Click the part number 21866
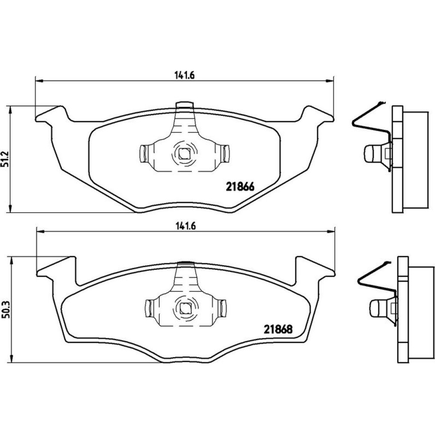click(240, 187)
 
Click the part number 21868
click(278, 329)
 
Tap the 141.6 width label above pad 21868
click(186, 226)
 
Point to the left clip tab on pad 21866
click(143, 154)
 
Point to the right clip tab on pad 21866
click(225, 154)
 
